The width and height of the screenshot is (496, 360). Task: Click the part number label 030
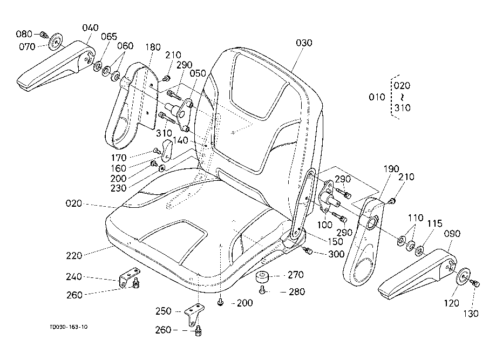click(x=304, y=43)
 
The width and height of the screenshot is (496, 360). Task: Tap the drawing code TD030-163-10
click(x=69, y=327)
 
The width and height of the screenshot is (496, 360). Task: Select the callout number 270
click(x=295, y=275)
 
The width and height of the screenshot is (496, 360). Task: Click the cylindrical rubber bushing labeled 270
click(x=262, y=277)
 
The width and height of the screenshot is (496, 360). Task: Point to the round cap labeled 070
click(x=56, y=41)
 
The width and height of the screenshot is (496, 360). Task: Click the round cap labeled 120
click(x=463, y=276)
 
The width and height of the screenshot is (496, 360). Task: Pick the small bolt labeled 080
click(x=44, y=34)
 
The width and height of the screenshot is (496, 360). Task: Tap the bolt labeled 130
click(x=475, y=283)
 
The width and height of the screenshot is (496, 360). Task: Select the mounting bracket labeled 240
click(x=130, y=276)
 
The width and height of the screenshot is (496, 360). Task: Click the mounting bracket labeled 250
click(x=194, y=314)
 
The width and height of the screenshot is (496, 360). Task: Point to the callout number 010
click(x=377, y=97)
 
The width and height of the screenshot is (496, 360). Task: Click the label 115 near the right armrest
click(x=434, y=223)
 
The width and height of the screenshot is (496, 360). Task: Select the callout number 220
click(x=74, y=256)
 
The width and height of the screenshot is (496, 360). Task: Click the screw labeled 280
click(x=262, y=289)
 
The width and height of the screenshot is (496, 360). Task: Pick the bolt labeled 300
click(x=308, y=251)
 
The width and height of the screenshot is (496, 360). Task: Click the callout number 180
click(x=153, y=47)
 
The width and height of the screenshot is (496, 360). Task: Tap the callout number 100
click(x=324, y=225)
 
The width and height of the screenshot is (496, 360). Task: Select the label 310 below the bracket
click(x=164, y=133)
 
